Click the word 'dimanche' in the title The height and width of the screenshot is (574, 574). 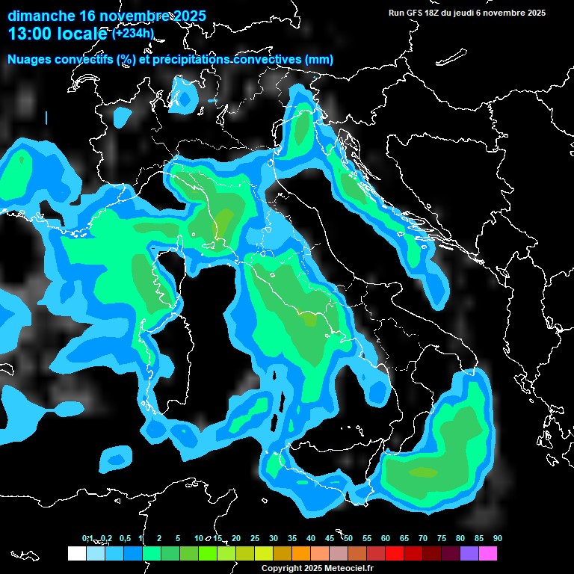click(41, 16)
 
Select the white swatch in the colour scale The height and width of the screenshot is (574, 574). click(76, 553)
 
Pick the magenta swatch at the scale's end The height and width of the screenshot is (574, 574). click(488, 553)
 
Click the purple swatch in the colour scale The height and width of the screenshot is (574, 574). click(469, 553)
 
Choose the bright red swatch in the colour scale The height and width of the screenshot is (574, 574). click(395, 553)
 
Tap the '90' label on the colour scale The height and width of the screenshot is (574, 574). click(497, 538)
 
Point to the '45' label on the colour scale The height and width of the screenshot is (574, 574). click(330, 538)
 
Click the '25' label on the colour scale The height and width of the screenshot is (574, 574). click(255, 538)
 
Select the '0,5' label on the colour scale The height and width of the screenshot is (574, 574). click(124, 538)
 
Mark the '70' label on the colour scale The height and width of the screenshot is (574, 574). click(423, 538)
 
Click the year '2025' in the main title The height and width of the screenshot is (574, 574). click(187, 16)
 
